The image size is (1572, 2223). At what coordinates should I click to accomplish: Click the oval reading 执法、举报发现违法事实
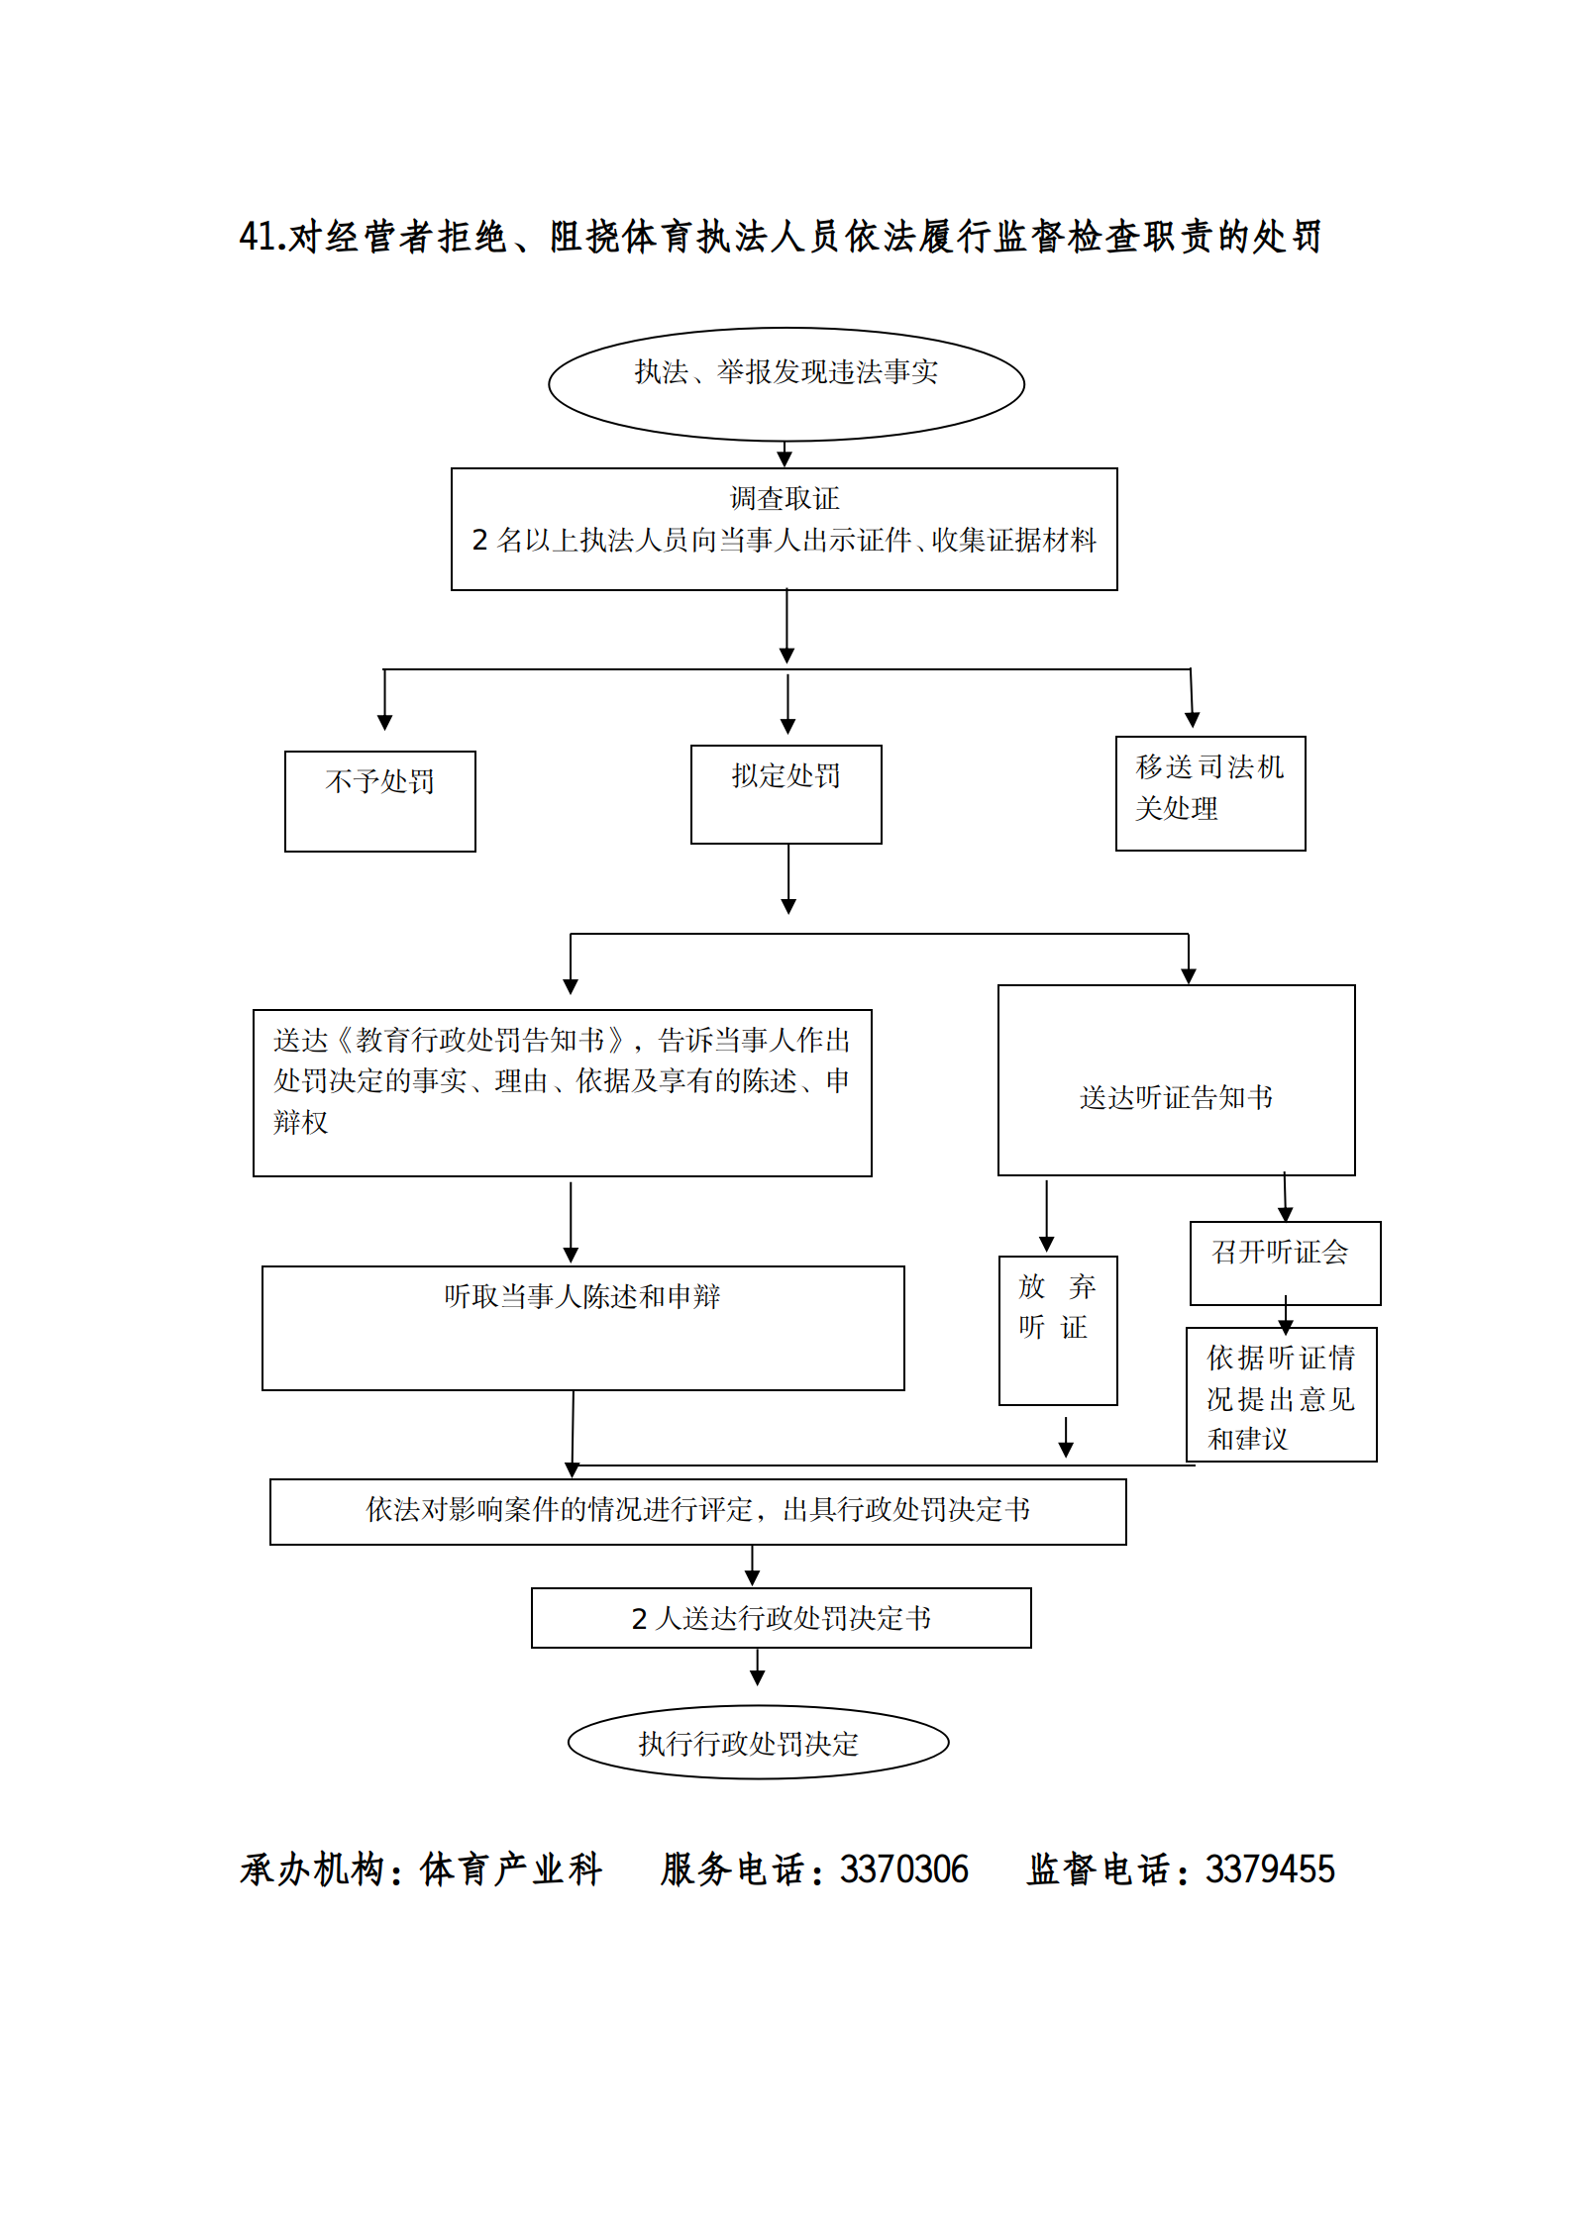pyautogui.click(x=786, y=383)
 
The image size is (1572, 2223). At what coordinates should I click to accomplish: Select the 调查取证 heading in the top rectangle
pyautogui.click(x=784, y=498)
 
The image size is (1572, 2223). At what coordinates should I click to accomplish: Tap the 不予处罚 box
pyautogui.click(x=379, y=800)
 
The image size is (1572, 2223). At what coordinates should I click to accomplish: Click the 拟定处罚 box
pyautogui.click(x=786, y=793)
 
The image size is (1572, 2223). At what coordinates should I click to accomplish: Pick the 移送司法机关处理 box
pyautogui.click(x=1209, y=792)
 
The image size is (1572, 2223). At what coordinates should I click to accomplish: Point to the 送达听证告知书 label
pyautogui.click(x=1176, y=1097)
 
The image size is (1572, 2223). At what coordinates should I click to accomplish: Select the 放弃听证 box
pyautogui.click(x=1057, y=1329)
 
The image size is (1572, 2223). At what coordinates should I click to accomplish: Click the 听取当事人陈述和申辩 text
pyautogui.click(x=582, y=1296)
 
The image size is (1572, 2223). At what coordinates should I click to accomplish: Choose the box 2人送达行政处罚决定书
pyautogui.click(x=781, y=1618)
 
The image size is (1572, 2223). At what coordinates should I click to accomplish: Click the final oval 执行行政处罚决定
pyautogui.click(x=758, y=1742)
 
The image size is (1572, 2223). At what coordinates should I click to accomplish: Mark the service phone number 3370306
pyautogui.click(x=903, y=1869)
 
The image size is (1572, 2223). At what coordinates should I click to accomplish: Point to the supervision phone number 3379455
pyautogui.click(x=1270, y=1869)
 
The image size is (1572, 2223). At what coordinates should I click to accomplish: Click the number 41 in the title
pyautogui.click(x=256, y=237)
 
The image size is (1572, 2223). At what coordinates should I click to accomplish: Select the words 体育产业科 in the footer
pyautogui.click(x=511, y=1869)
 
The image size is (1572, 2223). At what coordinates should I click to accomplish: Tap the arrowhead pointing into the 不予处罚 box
pyautogui.click(x=384, y=721)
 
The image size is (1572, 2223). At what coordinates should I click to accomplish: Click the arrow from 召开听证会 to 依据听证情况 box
pyautogui.click(x=1286, y=1317)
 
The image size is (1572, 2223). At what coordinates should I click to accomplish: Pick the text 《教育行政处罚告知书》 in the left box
pyautogui.click(x=479, y=1040)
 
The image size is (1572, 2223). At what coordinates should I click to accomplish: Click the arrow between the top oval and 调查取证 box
pyautogui.click(x=785, y=455)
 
